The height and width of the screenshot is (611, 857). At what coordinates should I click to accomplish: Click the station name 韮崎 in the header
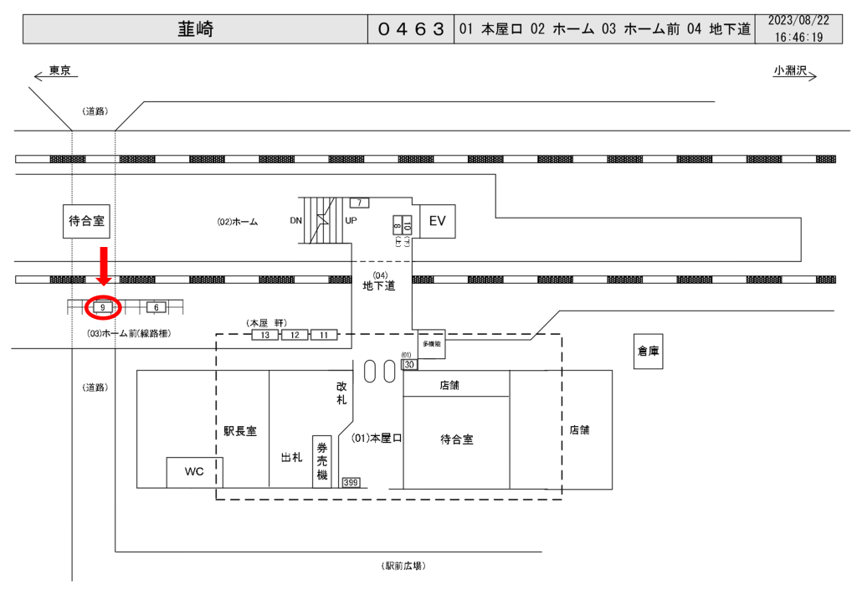click(195, 29)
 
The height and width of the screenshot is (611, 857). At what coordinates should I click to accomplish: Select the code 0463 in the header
click(410, 29)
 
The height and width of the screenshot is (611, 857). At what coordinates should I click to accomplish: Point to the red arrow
click(104, 266)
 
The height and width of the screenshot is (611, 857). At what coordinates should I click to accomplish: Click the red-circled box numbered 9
click(102, 308)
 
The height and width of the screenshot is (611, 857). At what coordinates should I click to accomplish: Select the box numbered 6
click(156, 308)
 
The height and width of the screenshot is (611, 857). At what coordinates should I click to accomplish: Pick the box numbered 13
click(264, 335)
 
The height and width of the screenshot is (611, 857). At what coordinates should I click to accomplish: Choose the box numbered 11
click(324, 335)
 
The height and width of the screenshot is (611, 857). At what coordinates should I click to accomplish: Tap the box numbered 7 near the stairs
click(359, 203)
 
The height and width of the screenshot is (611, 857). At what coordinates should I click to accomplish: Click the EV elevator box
click(437, 221)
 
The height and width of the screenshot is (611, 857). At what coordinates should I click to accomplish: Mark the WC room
click(194, 472)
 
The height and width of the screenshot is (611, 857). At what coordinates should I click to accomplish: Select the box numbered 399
click(351, 483)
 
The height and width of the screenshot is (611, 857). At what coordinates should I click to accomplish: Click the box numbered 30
click(410, 365)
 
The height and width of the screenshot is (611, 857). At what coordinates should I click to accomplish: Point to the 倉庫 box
click(648, 352)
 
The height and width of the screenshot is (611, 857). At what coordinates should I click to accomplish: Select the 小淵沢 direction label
click(790, 70)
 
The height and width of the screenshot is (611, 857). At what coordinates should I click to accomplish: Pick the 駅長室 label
click(240, 431)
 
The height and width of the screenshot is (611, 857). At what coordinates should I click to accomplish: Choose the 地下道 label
click(379, 286)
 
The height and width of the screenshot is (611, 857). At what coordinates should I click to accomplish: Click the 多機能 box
click(430, 343)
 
